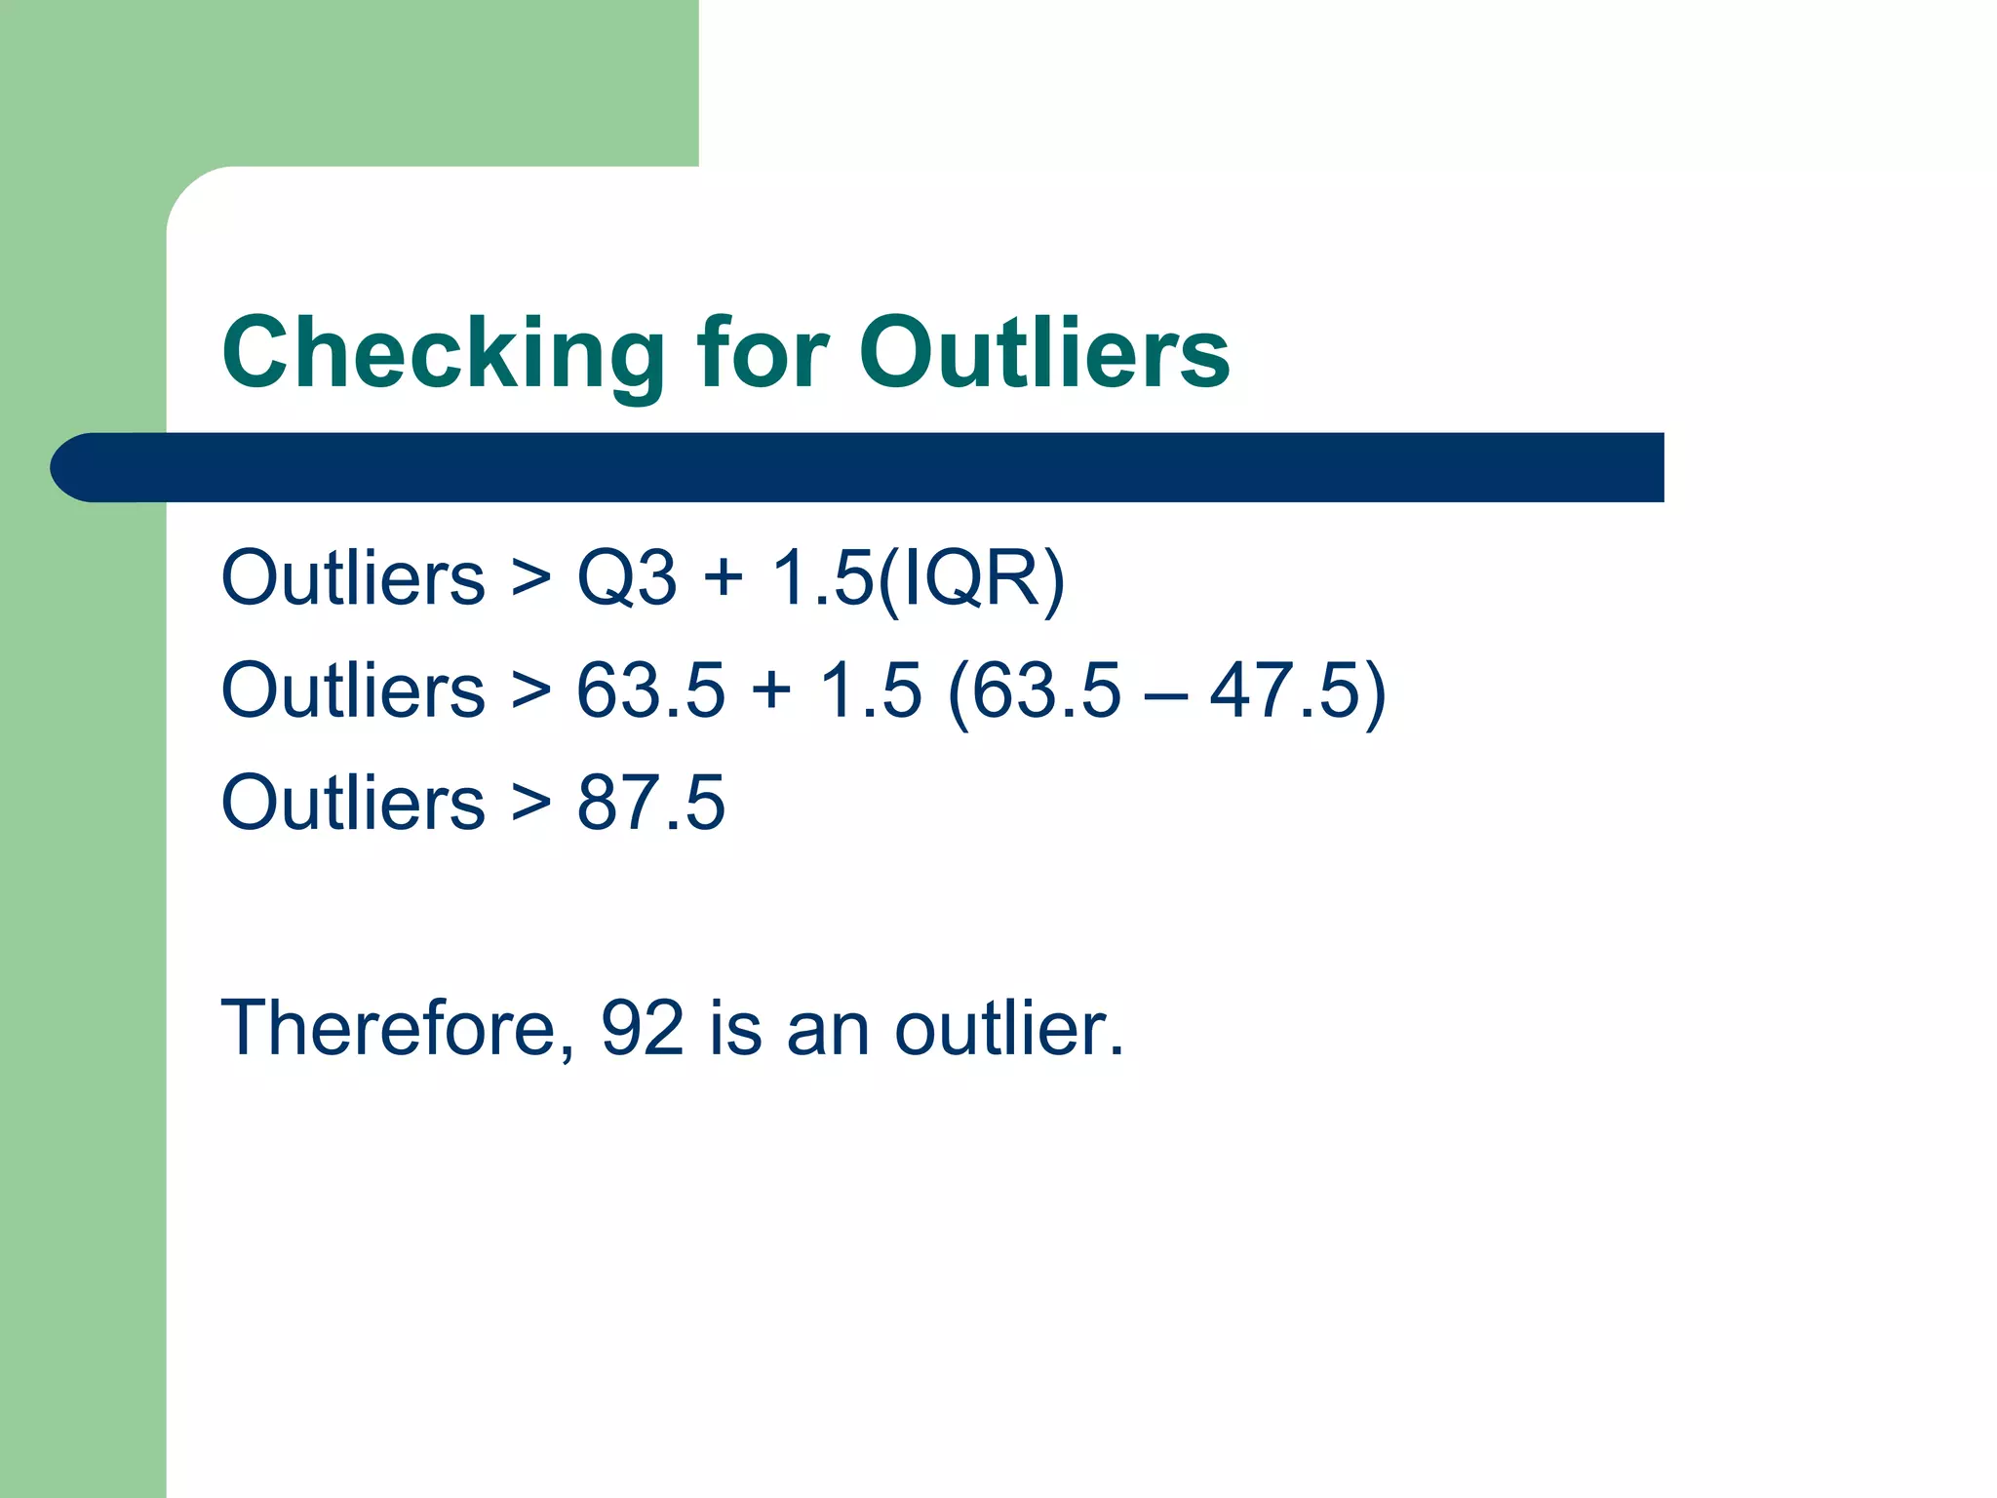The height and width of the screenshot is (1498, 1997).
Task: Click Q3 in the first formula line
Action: [x=626, y=577]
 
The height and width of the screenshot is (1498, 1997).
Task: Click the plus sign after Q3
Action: [x=724, y=577]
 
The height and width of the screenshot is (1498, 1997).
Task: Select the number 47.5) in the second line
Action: [x=1297, y=690]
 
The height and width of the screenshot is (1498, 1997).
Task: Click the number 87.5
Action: [x=650, y=803]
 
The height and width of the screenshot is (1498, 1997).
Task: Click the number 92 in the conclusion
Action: [x=643, y=1028]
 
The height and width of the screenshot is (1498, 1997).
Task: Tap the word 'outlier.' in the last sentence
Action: [x=1009, y=1028]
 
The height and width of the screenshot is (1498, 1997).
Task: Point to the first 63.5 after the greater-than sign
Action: [x=650, y=690]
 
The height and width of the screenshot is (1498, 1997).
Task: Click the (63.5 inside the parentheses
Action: [x=1035, y=690]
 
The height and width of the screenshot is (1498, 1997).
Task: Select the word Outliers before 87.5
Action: [x=353, y=803]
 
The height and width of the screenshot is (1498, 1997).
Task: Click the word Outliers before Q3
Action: [x=353, y=577]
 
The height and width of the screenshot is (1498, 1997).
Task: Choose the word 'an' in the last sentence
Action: [x=827, y=1030]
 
